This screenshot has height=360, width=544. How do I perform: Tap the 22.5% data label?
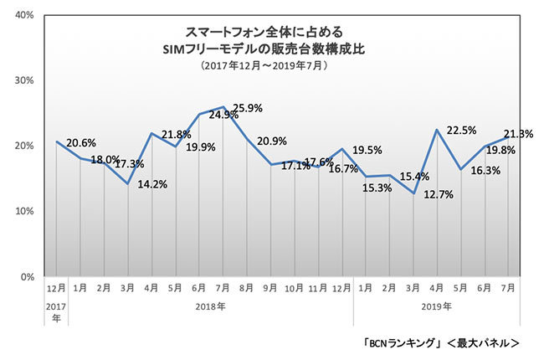pos(464,130)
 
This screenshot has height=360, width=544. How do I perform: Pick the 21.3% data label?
pos(517,132)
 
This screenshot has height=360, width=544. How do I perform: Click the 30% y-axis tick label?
pos(24,81)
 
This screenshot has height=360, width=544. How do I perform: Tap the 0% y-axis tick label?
pos(27,276)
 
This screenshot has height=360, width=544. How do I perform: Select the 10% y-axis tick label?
pos(24,211)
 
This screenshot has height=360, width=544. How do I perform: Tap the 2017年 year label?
pos(54,311)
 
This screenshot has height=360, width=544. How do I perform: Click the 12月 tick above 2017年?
pos(54,288)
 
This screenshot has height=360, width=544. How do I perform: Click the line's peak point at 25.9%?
pos(223,107)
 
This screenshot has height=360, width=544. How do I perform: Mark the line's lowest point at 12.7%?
pos(413,193)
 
